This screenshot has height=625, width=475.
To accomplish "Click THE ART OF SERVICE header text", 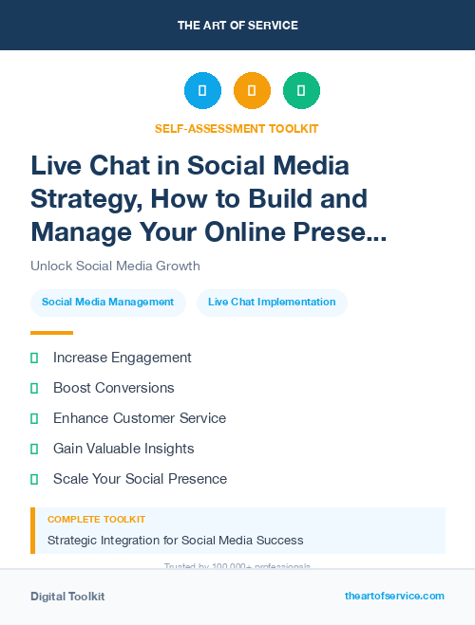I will tap(237, 26).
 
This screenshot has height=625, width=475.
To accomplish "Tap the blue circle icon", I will tap(202, 91).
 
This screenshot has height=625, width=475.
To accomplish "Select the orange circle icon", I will tap(252, 91).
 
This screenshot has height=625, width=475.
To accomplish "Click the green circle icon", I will tap(301, 91).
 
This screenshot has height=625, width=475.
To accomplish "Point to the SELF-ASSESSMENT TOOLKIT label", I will tap(237, 128).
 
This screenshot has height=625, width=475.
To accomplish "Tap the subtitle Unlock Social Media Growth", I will tap(115, 266).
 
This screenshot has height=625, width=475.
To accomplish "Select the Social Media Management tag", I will tap(107, 303).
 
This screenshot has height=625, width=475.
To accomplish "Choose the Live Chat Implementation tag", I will tap(272, 303).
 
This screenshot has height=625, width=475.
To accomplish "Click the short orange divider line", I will tap(51, 333).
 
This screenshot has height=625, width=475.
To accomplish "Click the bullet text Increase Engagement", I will tap(122, 358).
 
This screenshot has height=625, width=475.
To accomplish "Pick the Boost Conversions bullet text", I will tap(113, 388).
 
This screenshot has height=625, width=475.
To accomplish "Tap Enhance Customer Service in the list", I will tap(139, 418).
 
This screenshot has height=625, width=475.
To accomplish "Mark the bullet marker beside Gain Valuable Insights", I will tap(34, 449).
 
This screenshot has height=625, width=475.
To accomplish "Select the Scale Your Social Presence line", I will tap(140, 479).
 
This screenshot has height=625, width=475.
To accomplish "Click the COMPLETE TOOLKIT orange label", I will tap(96, 520).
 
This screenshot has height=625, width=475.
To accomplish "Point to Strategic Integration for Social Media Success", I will tap(175, 541).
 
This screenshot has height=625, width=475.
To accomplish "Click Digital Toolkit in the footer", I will tap(67, 597).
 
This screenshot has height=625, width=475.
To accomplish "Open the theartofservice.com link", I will tap(394, 596).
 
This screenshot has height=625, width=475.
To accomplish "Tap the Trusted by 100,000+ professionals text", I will tap(237, 566).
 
